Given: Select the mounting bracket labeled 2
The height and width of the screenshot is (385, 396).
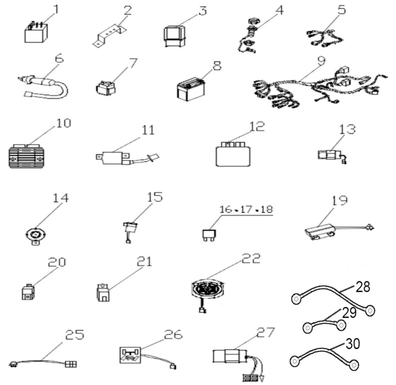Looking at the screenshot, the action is tap(109, 36).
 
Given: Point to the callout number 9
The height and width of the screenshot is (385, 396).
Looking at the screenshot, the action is tap(321, 61).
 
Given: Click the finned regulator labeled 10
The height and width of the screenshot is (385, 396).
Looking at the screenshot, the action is tap(27, 156).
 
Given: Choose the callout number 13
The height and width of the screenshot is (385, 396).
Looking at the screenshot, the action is tap(347, 129).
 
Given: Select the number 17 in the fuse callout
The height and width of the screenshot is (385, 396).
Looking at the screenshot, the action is tap(246, 209).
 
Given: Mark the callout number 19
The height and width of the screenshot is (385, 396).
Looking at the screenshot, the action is tap(340, 200).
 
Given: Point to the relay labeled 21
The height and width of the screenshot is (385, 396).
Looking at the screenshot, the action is tap(103, 293).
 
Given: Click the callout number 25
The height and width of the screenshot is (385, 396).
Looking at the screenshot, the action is tap(75, 335).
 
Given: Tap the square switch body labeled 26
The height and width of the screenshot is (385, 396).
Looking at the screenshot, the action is tap(130, 355).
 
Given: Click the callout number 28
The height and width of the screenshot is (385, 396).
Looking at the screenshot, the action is tap(363, 287).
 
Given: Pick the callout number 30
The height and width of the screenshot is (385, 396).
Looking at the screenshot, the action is tap(353, 344).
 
